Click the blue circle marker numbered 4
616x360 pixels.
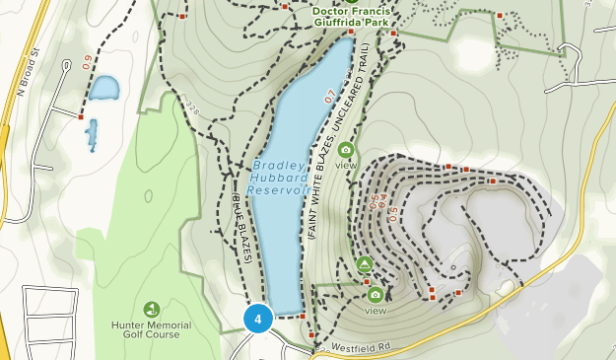click(x=258, y=319)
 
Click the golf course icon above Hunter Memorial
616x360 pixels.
click(x=151, y=310)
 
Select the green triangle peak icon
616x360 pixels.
click(x=364, y=264)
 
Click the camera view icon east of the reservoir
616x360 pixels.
click(x=346, y=150)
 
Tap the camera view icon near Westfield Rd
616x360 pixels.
click(x=375, y=294)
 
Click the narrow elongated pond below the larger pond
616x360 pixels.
click(x=92, y=133)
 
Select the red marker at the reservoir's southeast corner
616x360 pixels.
click(x=302, y=317)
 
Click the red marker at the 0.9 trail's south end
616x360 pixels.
click(x=80, y=116)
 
